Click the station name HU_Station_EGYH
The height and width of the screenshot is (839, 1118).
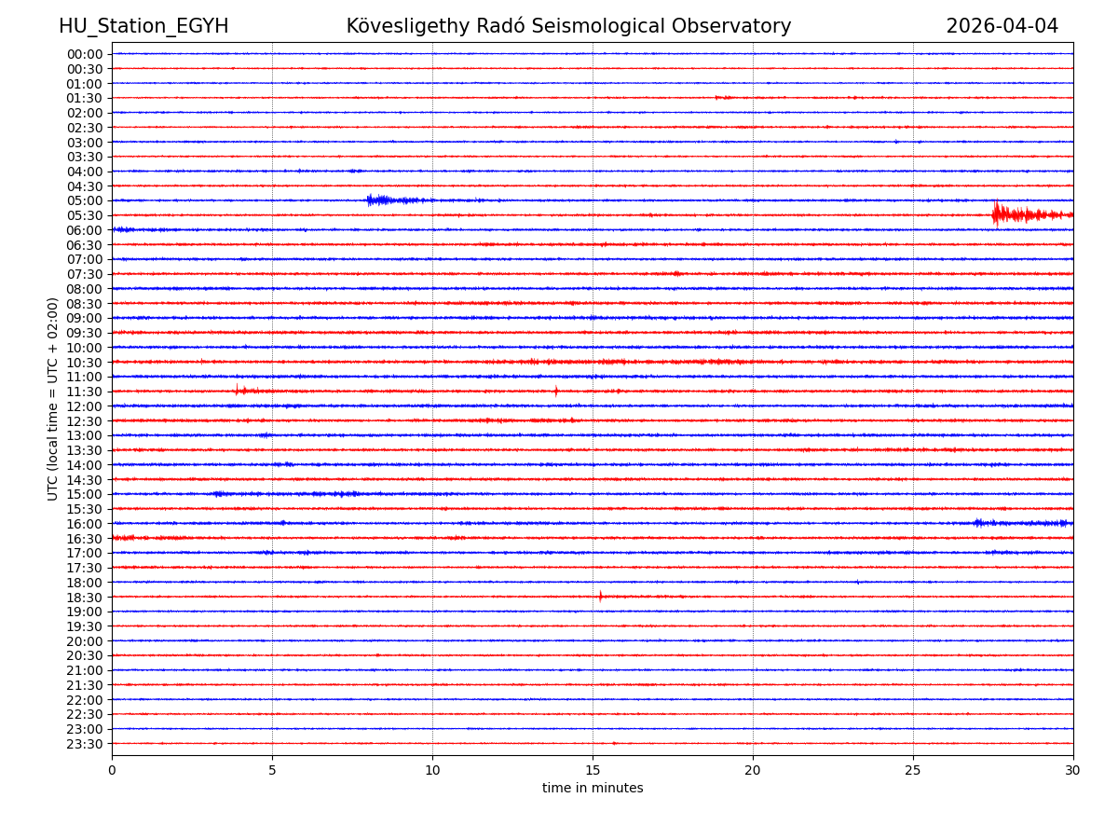[143, 26]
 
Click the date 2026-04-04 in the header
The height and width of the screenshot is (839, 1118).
[1002, 26]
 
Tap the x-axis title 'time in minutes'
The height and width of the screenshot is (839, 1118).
[593, 789]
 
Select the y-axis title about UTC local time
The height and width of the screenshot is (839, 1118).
[53, 399]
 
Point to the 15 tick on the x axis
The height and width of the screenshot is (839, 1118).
[593, 771]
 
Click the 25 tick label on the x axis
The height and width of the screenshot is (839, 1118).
[913, 771]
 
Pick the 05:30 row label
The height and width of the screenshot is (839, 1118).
[85, 215]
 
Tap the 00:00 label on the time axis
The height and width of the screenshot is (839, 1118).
[85, 54]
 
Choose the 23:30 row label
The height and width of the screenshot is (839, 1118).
[85, 744]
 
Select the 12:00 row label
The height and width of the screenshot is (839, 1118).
[85, 406]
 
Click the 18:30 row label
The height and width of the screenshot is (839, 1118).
[85, 597]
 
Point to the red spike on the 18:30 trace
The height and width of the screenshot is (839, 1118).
[600, 596]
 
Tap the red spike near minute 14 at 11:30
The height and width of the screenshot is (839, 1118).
[556, 391]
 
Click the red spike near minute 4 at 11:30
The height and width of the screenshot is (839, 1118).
[238, 390]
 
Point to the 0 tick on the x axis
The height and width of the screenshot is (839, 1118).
[112, 771]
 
